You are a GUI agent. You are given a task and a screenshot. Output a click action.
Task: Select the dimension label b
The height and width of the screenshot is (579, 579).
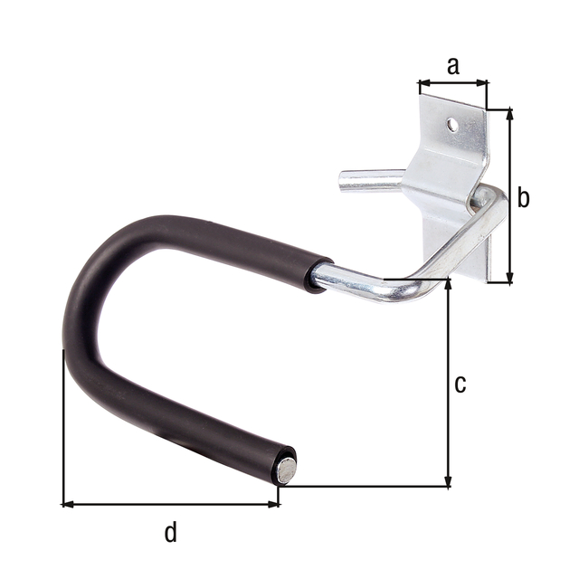[524, 198]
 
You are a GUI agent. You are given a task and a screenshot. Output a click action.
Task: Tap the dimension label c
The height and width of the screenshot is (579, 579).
[460, 384]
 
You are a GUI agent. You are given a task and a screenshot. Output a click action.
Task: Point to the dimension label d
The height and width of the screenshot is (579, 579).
[171, 533]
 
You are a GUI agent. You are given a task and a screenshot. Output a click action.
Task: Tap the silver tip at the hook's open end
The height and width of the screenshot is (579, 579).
[286, 468]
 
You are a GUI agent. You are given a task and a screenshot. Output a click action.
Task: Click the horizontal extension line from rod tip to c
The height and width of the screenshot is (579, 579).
[362, 487]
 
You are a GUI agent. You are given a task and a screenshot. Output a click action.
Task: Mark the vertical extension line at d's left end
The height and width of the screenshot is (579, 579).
[62, 425]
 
